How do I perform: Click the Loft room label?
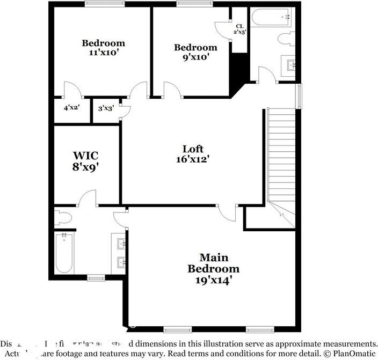(x=193, y=149)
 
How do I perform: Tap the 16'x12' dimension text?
(x=193, y=159)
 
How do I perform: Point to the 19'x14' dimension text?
(x=213, y=280)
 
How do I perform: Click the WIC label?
(x=86, y=156)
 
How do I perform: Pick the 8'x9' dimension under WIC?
(x=86, y=166)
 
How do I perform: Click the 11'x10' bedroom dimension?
(x=103, y=53)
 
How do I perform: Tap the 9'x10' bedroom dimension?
(x=195, y=57)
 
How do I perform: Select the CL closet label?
(x=239, y=26)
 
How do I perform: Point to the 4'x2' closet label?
(x=71, y=107)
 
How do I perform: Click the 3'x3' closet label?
(x=105, y=108)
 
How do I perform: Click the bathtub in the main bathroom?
(x=64, y=252)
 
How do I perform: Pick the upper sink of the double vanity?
(x=121, y=245)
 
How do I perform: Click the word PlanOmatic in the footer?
(x=353, y=354)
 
